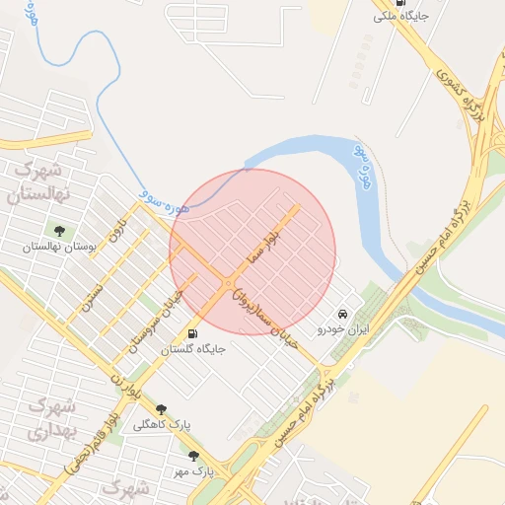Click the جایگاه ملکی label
click(x=401, y=17)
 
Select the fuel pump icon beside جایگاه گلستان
click(x=192, y=333)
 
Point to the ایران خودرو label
click(x=342, y=328)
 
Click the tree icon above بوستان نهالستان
click(x=60, y=232)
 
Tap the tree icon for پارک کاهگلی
click(x=161, y=409)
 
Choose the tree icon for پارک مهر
click(x=193, y=456)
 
